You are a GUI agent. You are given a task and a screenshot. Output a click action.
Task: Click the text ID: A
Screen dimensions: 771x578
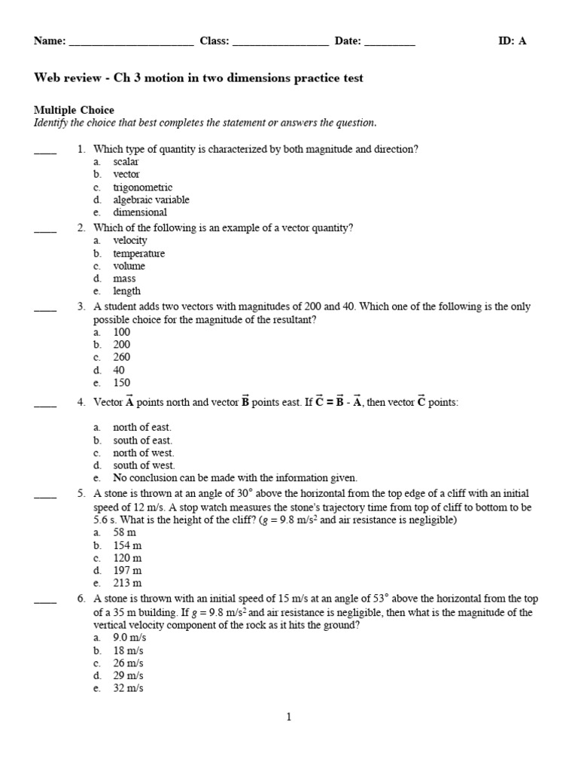512,41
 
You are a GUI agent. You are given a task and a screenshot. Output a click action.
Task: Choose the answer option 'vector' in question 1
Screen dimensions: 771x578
126,175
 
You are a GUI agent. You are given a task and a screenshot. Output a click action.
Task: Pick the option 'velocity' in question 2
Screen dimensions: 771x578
130,240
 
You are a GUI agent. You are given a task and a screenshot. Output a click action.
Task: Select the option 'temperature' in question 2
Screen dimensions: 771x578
138,254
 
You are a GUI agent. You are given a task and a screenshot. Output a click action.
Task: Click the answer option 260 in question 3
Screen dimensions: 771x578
121,358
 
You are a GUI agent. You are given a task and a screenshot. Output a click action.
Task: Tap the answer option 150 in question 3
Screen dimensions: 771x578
121,382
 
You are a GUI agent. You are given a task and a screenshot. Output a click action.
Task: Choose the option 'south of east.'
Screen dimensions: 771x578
142,440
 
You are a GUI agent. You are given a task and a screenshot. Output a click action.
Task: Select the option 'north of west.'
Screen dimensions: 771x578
143,453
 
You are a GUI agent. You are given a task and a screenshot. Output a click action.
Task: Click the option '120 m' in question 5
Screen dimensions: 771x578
127,558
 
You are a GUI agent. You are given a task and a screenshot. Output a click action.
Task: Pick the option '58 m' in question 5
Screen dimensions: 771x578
125,532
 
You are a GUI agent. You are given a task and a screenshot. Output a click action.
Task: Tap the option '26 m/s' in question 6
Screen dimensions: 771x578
128,663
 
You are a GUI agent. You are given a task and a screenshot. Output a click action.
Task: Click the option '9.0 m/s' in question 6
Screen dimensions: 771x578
130,637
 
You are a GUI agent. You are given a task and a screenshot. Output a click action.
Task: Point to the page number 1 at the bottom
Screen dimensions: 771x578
288,718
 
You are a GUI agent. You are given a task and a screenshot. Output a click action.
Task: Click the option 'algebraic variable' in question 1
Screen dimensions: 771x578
151,200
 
